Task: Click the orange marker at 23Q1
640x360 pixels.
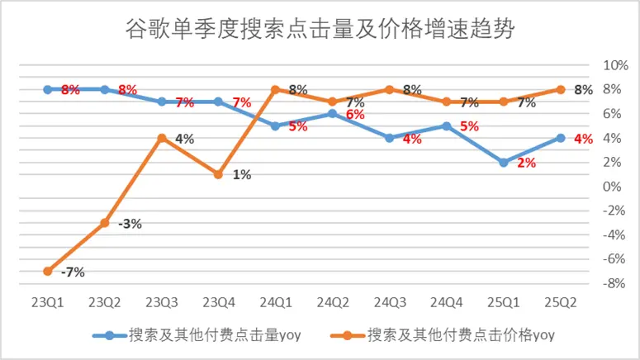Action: (48, 271)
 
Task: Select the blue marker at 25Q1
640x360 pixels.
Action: (504, 163)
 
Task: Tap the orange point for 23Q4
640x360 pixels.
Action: (219, 174)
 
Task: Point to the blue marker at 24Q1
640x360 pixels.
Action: (276, 126)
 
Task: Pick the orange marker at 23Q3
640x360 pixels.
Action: (162, 138)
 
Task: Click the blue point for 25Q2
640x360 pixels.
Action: (561, 138)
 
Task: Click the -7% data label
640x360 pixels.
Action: (73, 272)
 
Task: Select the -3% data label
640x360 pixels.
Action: (130, 224)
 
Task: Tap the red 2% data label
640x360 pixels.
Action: (526, 163)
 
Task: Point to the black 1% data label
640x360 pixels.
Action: (241, 174)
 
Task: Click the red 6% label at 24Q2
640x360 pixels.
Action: (355, 115)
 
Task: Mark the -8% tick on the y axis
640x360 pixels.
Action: (617, 283)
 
